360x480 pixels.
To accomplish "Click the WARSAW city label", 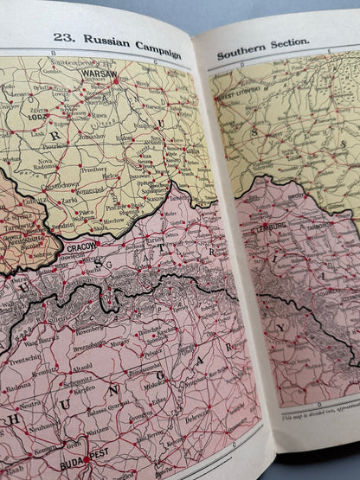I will click(x=97, y=74).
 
